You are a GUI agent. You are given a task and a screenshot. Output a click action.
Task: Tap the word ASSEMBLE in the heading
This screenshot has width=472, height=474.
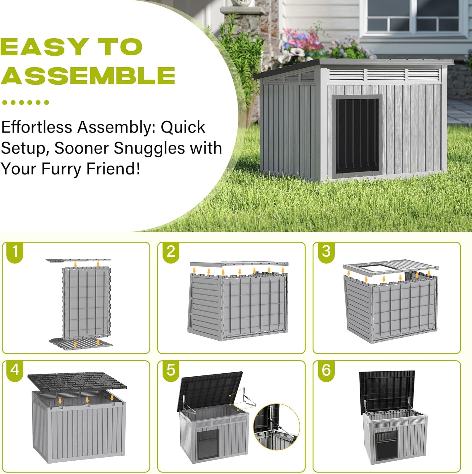pos(88,75)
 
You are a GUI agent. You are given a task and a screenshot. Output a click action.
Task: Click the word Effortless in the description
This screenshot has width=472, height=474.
pos(37,127)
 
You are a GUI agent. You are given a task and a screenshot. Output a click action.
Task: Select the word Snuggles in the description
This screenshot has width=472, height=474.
pos(149,148)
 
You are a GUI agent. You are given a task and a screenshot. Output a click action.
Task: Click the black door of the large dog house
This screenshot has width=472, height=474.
pos(357,136)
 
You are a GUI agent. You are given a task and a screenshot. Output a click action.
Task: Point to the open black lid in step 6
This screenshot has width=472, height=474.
pos(387,391)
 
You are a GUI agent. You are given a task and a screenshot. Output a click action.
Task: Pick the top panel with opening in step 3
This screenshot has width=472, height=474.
pos(391,267)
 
